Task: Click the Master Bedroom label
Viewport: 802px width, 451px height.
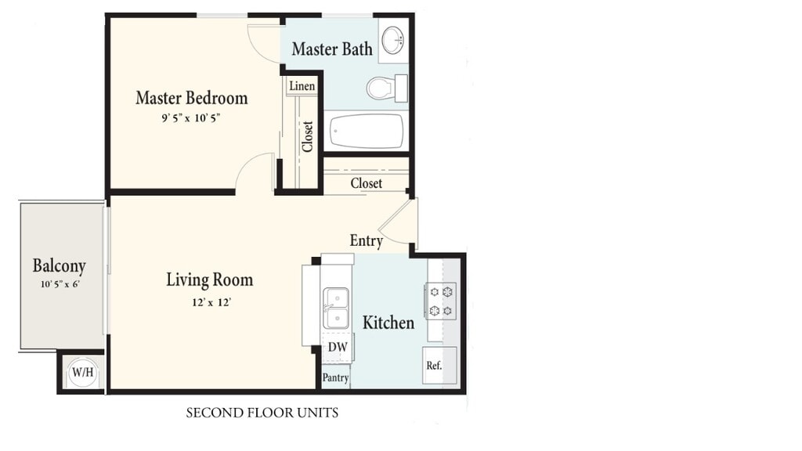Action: click(192, 98)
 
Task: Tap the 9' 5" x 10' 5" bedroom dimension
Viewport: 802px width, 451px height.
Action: click(191, 118)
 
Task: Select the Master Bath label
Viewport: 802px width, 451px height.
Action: click(332, 49)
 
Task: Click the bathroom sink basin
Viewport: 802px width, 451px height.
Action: click(393, 39)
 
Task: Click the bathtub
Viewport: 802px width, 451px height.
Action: click(367, 131)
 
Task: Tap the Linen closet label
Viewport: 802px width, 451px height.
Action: click(302, 86)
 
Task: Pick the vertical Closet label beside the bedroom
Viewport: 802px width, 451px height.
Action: click(307, 136)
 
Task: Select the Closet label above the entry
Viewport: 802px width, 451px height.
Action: click(367, 183)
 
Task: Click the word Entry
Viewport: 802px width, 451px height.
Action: click(367, 240)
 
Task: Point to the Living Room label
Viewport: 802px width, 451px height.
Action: click(210, 280)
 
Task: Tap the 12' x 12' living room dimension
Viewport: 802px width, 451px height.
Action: click(211, 302)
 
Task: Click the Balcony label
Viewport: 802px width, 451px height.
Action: click(60, 266)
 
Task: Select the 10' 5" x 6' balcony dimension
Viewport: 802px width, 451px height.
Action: click(60, 284)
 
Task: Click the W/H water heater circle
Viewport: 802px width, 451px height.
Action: click(82, 372)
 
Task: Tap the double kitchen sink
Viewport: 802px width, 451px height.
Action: click(336, 308)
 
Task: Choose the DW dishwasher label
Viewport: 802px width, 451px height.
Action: click(338, 347)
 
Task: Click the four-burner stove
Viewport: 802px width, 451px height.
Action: click(440, 301)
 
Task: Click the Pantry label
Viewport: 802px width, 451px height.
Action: click(335, 378)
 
